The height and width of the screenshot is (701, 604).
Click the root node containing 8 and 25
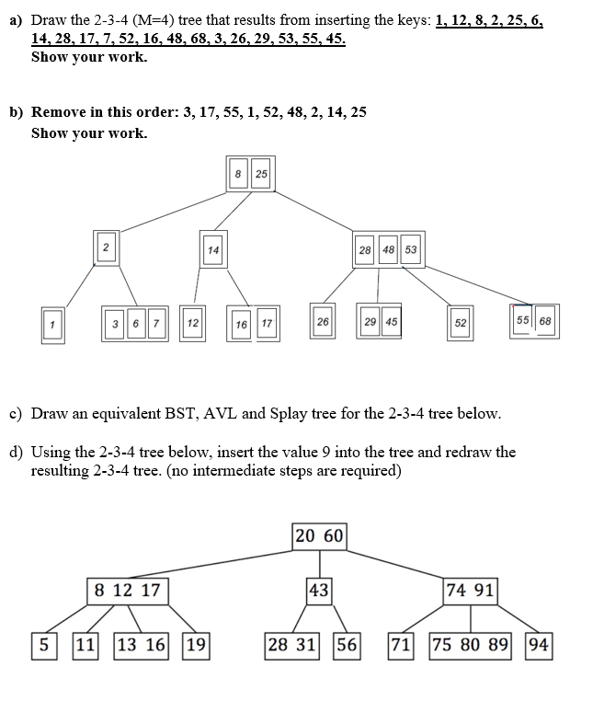[x=249, y=174]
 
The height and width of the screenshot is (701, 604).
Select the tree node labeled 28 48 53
[x=388, y=249]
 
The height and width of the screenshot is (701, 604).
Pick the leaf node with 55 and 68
[x=534, y=321]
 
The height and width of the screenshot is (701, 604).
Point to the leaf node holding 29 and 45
[x=380, y=323]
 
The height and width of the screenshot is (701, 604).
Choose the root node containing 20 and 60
[x=319, y=535]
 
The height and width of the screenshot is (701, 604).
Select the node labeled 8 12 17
[x=127, y=590]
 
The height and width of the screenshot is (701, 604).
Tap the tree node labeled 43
[x=319, y=590]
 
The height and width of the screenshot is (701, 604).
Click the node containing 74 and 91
[x=471, y=590]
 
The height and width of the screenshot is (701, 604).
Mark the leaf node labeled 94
[x=540, y=644]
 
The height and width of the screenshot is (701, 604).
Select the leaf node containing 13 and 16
[x=141, y=644]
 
